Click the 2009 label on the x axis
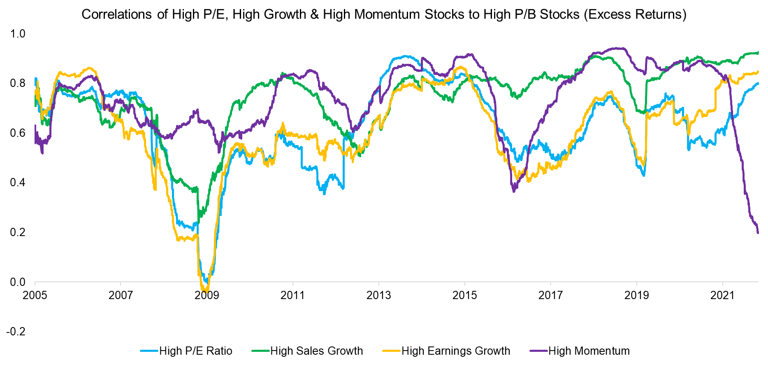tap(207, 295)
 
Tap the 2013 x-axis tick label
tap(378, 295)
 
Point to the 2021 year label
tap(722, 295)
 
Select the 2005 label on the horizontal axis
tap(35, 295)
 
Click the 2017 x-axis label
tap(550, 295)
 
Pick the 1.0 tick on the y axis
tap(17, 34)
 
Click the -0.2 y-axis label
tap(16, 332)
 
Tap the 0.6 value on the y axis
tap(17, 133)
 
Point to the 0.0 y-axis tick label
tap(17, 282)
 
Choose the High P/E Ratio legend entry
tap(195, 351)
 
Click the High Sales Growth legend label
tap(316, 351)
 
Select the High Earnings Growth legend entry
tap(455, 351)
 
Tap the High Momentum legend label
tap(589, 351)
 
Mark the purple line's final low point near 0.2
tap(758, 233)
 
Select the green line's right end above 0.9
tap(758, 53)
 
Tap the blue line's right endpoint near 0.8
tap(758, 83)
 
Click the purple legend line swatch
tap(539, 351)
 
